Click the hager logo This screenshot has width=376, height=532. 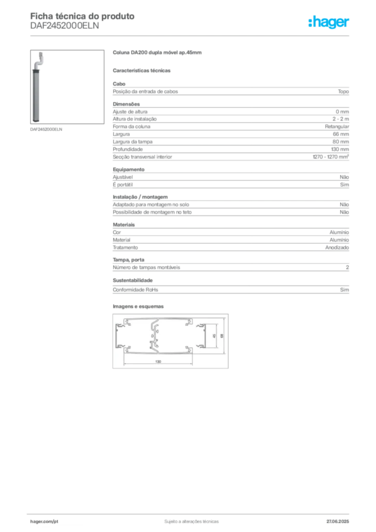coord(328,22)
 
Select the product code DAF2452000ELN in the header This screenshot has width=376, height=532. coord(64,26)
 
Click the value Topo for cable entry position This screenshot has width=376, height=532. coord(343,91)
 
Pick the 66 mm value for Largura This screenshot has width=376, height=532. coord(341,134)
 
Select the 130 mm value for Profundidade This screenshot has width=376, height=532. coord(340,149)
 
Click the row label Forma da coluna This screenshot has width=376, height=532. coord(131,127)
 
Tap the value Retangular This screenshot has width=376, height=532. coord(337,127)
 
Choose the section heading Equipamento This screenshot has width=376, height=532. coord(128,169)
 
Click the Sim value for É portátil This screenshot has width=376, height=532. coord(344,184)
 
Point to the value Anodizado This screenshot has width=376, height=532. coord(337,248)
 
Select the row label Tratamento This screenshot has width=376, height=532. coord(125,248)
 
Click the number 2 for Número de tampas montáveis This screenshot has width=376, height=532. coord(347,268)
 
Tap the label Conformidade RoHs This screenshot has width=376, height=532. coord(135,290)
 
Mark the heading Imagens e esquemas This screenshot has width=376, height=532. coord(138,307)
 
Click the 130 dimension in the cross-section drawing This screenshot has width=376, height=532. coord(158,362)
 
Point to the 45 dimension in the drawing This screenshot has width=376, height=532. coord(214,336)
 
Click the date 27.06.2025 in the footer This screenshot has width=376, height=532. coord(338,522)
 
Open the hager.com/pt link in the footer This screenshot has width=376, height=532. coord(44,522)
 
